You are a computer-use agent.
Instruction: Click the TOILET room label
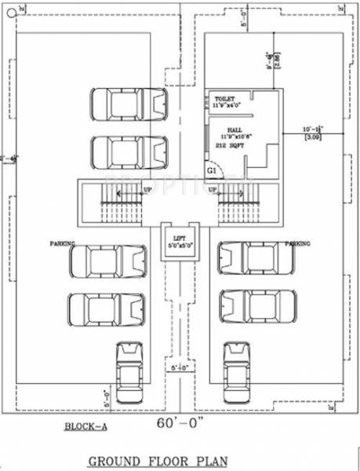(224, 99)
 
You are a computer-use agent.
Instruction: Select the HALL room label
(235, 130)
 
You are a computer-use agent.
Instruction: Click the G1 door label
(211, 170)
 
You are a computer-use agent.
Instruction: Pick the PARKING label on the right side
(297, 244)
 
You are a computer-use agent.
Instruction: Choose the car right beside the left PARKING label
(108, 260)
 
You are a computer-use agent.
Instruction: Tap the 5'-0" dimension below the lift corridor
(177, 366)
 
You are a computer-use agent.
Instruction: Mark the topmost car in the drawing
(130, 103)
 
